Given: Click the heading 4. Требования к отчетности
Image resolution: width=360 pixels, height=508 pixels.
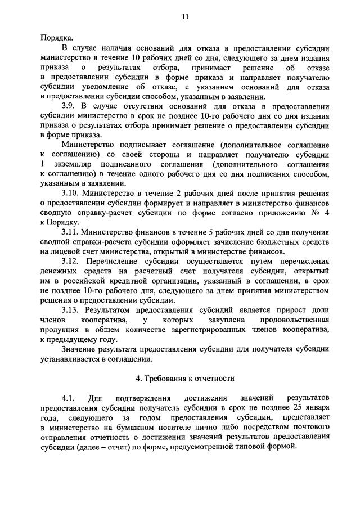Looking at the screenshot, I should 184,378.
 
